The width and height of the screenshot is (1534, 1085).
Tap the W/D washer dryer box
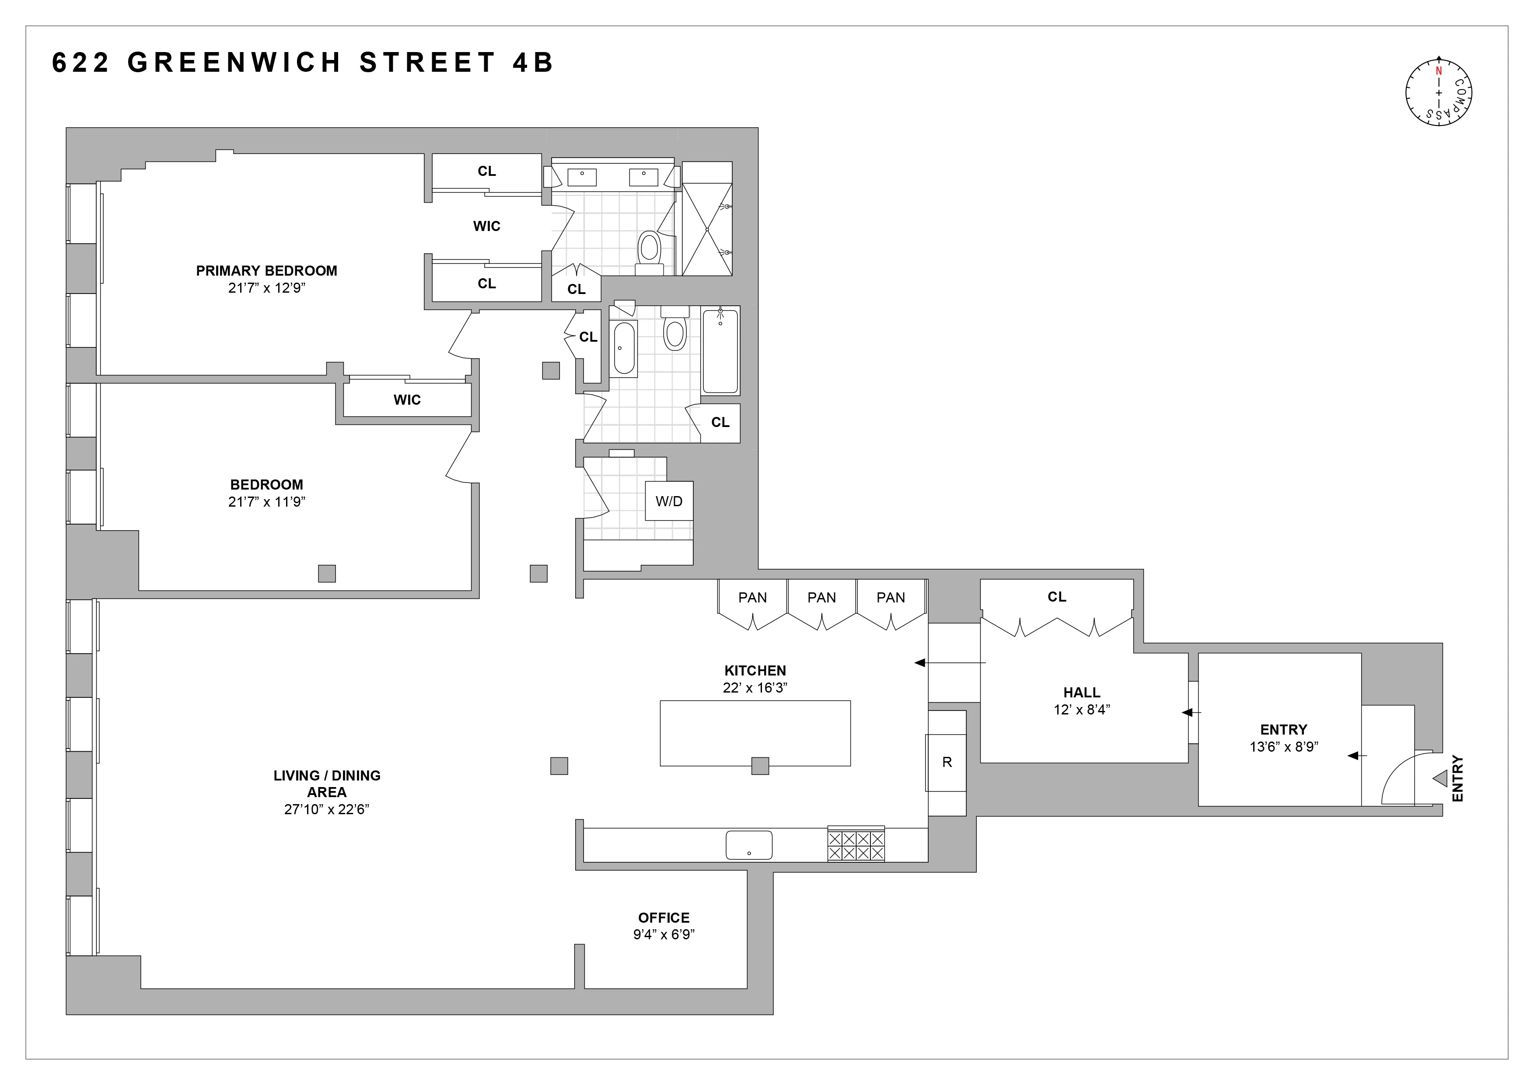point(669,501)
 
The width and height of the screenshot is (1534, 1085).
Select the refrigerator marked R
point(946,762)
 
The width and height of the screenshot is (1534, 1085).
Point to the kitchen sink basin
point(749,845)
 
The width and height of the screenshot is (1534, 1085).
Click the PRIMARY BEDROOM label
point(266,270)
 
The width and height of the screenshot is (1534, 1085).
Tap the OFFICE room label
point(664,917)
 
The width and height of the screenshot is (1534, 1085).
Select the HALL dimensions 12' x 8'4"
point(1082,710)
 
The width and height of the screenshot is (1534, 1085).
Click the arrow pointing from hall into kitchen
point(949,663)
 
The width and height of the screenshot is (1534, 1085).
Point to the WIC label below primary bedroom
point(407,399)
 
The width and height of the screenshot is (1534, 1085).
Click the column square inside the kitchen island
point(760,766)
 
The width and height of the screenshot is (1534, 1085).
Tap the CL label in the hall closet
point(1056,597)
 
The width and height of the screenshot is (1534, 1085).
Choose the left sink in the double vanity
point(582,177)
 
